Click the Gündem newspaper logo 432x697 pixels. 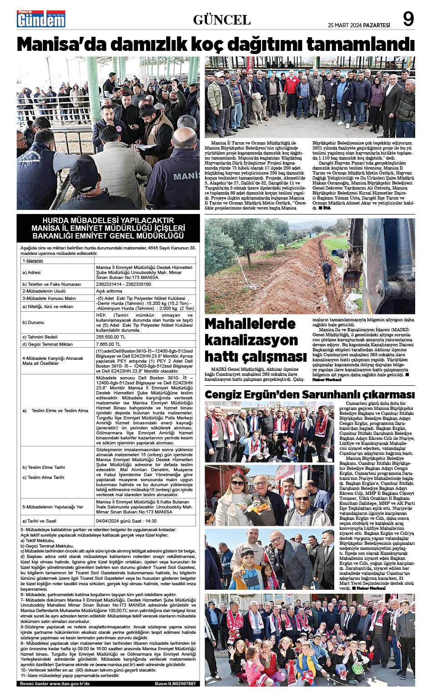41,19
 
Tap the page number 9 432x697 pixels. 408,20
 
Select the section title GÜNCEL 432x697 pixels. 222,20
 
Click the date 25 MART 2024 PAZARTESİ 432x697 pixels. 359,25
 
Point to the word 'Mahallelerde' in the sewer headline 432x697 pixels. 250,324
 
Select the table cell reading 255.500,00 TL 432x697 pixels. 111,337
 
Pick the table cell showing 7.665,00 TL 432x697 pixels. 108,344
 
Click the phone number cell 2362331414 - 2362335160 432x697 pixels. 124,284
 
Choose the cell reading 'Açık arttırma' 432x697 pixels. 109,291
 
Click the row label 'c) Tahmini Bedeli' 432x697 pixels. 40,337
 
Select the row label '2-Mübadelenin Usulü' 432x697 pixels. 44,291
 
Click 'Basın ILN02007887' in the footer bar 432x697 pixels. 175,683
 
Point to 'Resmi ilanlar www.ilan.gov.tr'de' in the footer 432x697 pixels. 55,683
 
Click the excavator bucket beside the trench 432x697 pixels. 352,280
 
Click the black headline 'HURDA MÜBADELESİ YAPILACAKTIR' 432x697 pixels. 108,220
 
